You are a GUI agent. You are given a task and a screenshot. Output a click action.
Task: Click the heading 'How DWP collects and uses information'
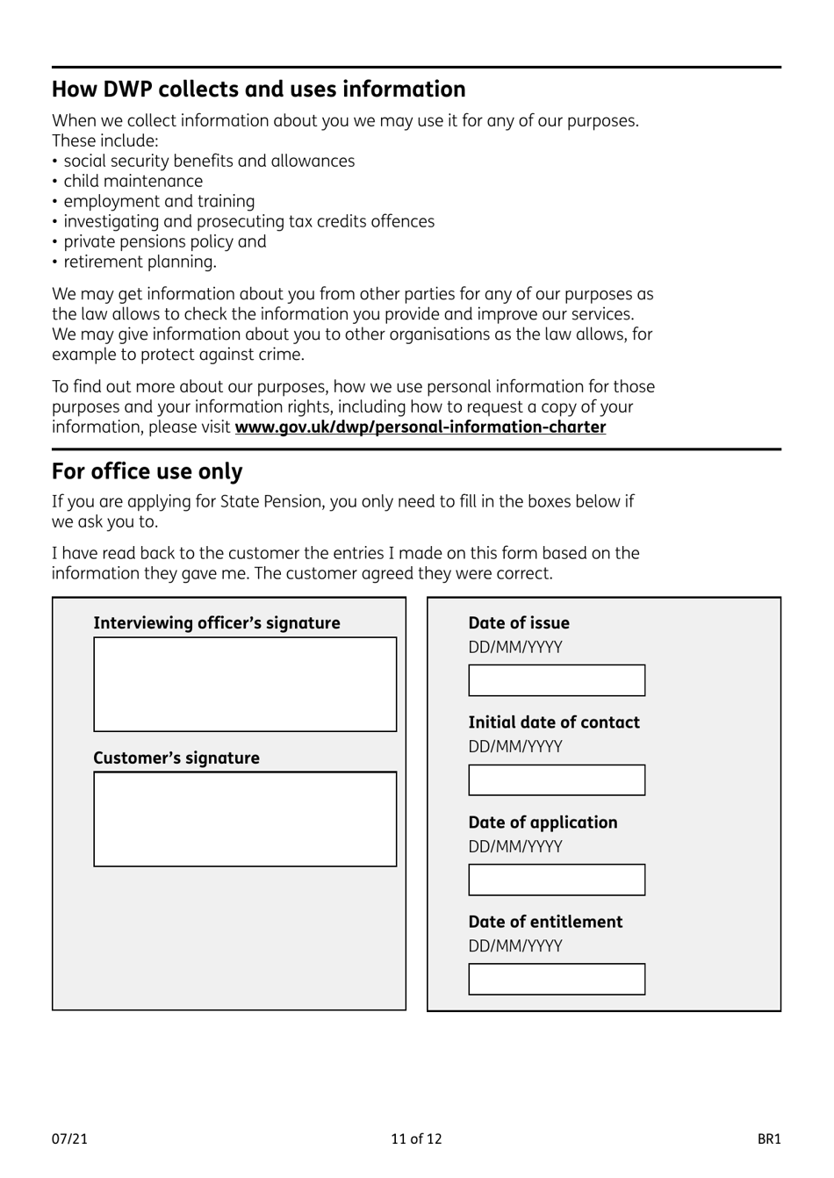coord(258,90)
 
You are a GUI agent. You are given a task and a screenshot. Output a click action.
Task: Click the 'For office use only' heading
coord(147,471)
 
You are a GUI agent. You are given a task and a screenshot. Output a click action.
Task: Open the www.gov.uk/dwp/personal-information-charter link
coord(420,427)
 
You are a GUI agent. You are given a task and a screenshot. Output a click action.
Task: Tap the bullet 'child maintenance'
coord(133,182)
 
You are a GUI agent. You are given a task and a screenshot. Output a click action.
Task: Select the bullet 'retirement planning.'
coord(140,262)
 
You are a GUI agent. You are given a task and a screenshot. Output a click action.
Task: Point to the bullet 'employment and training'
coord(159,202)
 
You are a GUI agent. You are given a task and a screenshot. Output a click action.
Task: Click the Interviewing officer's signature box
coord(245,685)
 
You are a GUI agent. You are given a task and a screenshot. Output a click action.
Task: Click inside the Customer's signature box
coord(245,819)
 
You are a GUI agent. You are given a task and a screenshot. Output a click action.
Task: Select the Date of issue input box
coord(557,680)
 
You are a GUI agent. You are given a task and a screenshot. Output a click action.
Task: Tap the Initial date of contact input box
coord(557,780)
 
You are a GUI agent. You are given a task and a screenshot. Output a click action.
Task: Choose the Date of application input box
coord(557,880)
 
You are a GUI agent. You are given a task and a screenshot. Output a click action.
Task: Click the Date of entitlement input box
coord(557,980)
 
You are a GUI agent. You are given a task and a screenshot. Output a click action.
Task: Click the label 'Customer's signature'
coord(176,758)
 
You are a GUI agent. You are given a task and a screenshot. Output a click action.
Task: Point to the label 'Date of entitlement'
coord(545,922)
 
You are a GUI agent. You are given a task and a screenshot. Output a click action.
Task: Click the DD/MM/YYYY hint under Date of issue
coord(515,648)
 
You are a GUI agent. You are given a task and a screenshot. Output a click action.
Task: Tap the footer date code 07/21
coord(69,1139)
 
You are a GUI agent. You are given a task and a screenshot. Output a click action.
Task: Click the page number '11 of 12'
coord(416,1139)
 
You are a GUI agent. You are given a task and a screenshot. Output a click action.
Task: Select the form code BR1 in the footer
coord(769,1139)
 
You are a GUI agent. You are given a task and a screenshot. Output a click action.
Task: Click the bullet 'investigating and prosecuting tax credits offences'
coord(248,222)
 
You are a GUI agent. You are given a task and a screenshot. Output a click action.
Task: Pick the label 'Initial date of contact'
coord(554,722)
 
